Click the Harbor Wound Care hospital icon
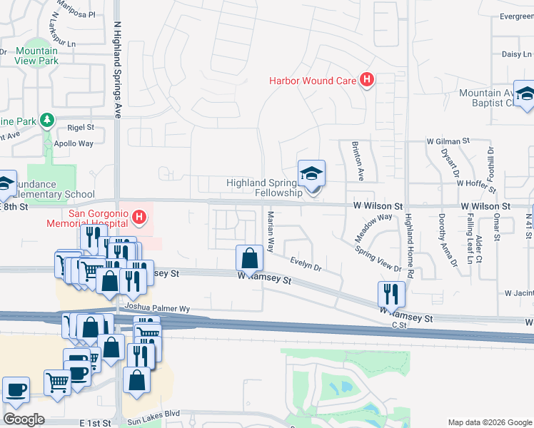pyautogui.click(x=367, y=80)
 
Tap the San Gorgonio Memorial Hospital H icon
pyautogui.click(x=139, y=216)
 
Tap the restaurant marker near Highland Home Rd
pyautogui.click(x=391, y=293)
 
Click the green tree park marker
pyautogui.click(x=48, y=119)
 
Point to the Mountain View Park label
pyautogui.click(x=36, y=56)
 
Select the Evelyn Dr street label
pyautogui.click(x=306, y=265)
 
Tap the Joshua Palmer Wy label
pyautogui.click(x=157, y=308)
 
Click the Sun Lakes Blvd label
pyautogui.click(x=151, y=414)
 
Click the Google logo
pyautogui.click(x=24, y=419)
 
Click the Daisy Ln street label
pyautogui.click(x=512, y=53)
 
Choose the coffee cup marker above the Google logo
pyautogui.click(x=16, y=391)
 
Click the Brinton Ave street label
pyautogui.click(x=358, y=160)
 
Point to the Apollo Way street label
pyautogui.click(x=74, y=143)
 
